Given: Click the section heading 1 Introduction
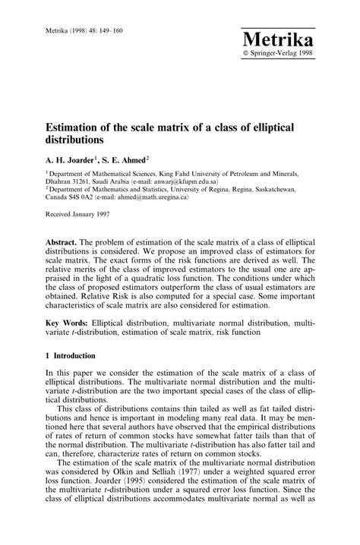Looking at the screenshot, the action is tap(69, 355).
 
